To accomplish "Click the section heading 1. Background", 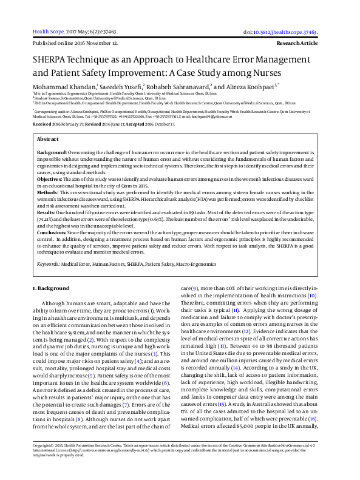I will (52, 289).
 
